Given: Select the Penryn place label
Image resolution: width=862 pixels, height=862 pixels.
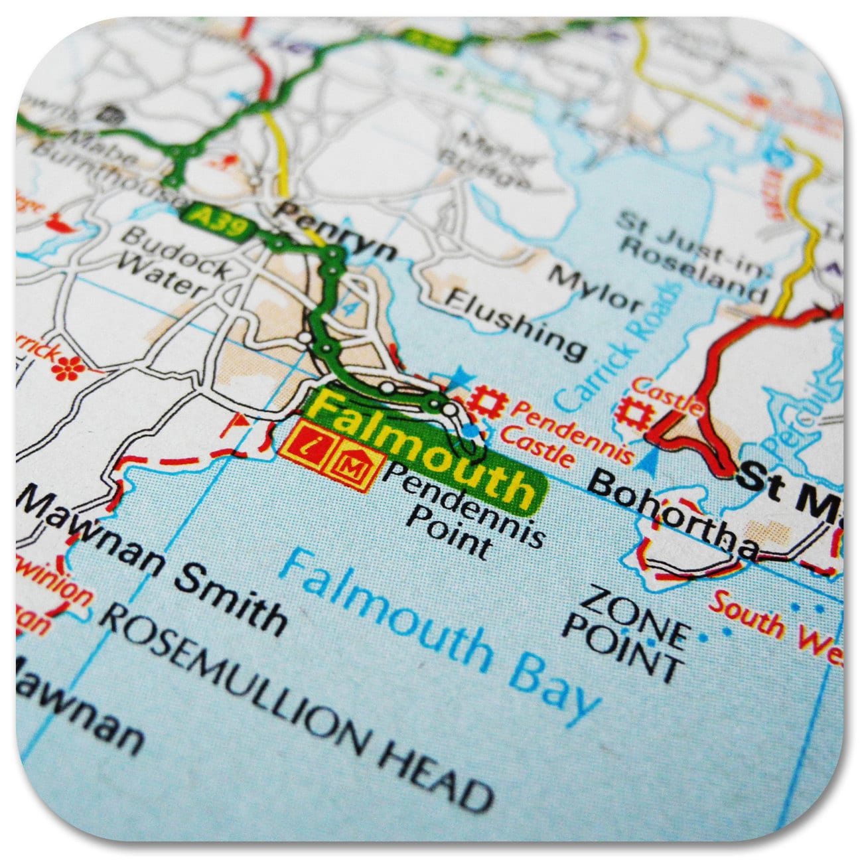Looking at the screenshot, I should (x=337, y=232).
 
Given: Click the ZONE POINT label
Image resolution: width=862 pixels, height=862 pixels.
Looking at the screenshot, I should (x=624, y=627).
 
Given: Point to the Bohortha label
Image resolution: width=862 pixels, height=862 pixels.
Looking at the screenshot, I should (x=673, y=514).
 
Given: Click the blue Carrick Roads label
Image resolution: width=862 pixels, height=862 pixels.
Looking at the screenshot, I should (x=618, y=352).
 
